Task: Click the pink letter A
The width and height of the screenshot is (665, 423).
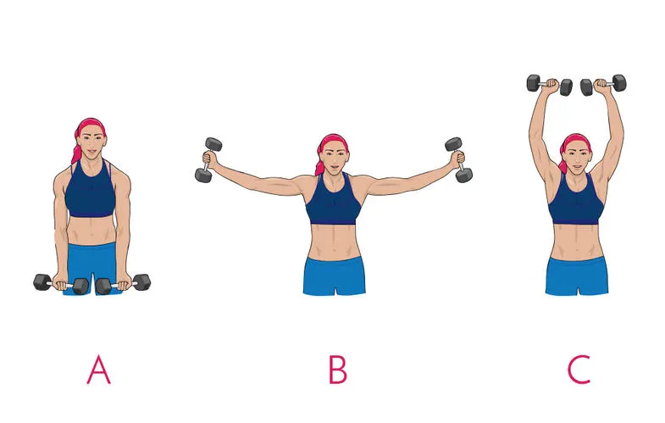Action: (x=99, y=370)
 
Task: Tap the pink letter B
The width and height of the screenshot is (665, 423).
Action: (x=338, y=370)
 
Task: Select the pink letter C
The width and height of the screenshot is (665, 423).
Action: (x=579, y=370)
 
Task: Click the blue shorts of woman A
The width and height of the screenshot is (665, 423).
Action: (x=91, y=267)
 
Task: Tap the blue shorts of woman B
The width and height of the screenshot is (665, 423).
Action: (x=335, y=276)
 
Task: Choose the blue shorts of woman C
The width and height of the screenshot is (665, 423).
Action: (x=577, y=276)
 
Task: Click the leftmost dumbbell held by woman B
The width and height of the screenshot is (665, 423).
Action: (x=208, y=160)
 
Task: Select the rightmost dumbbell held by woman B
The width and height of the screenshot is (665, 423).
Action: (x=458, y=160)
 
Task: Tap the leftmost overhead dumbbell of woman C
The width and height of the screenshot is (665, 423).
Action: (x=550, y=85)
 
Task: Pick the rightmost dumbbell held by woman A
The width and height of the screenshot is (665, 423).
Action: (x=123, y=284)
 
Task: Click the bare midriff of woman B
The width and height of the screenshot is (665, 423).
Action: (x=335, y=241)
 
